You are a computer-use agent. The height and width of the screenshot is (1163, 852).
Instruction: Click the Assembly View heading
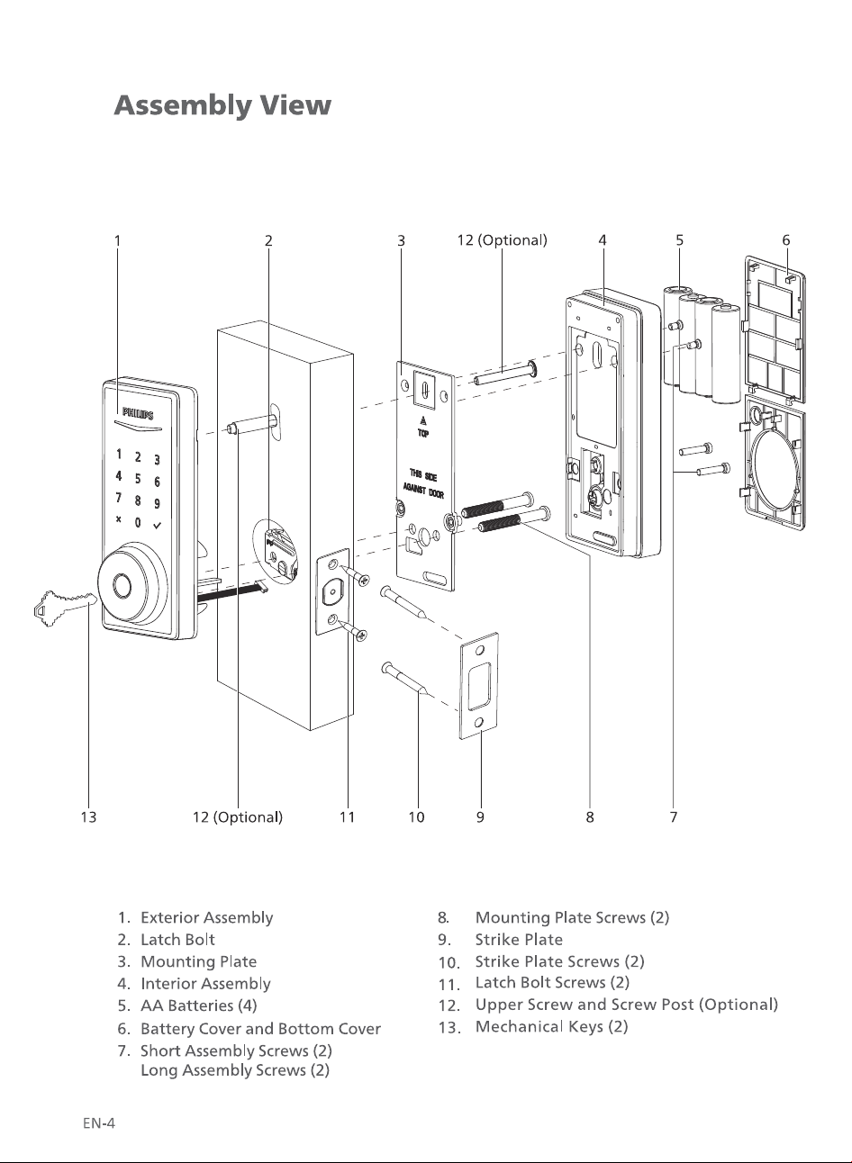[x=222, y=105]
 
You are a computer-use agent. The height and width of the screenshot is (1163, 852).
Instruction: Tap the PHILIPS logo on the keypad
[x=138, y=414]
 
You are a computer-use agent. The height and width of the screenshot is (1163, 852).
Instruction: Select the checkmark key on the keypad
[x=157, y=526]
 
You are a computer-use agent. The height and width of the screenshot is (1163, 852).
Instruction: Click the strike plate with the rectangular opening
[x=479, y=686]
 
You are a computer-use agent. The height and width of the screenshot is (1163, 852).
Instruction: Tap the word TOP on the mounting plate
[x=423, y=434]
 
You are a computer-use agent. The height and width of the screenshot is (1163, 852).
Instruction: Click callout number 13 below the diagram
[x=89, y=817]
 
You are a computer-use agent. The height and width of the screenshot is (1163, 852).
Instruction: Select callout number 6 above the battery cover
[x=786, y=240]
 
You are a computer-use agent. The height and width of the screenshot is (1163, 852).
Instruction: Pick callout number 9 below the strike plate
[x=481, y=817]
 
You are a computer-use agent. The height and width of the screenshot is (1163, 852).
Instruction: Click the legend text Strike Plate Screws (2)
[x=559, y=961]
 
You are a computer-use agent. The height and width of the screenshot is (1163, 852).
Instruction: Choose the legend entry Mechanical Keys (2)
[x=552, y=1026]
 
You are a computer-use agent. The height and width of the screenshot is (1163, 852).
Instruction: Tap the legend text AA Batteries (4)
[x=199, y=1005]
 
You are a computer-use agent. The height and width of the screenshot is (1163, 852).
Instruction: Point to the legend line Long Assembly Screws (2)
[x=235, y=1070]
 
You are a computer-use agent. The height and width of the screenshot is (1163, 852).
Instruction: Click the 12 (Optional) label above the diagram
[x=502, y=240]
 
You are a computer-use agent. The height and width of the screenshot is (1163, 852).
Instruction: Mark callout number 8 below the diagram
[x=590, y=817]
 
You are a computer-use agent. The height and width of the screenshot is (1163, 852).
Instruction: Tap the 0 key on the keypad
[x=138, y=522]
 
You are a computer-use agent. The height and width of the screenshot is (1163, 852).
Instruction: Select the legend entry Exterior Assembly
[x=207, y=918]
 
